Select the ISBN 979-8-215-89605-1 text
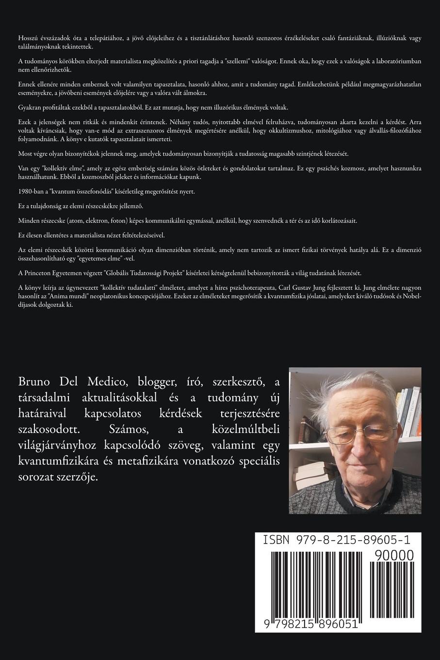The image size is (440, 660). coord(335,540)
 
